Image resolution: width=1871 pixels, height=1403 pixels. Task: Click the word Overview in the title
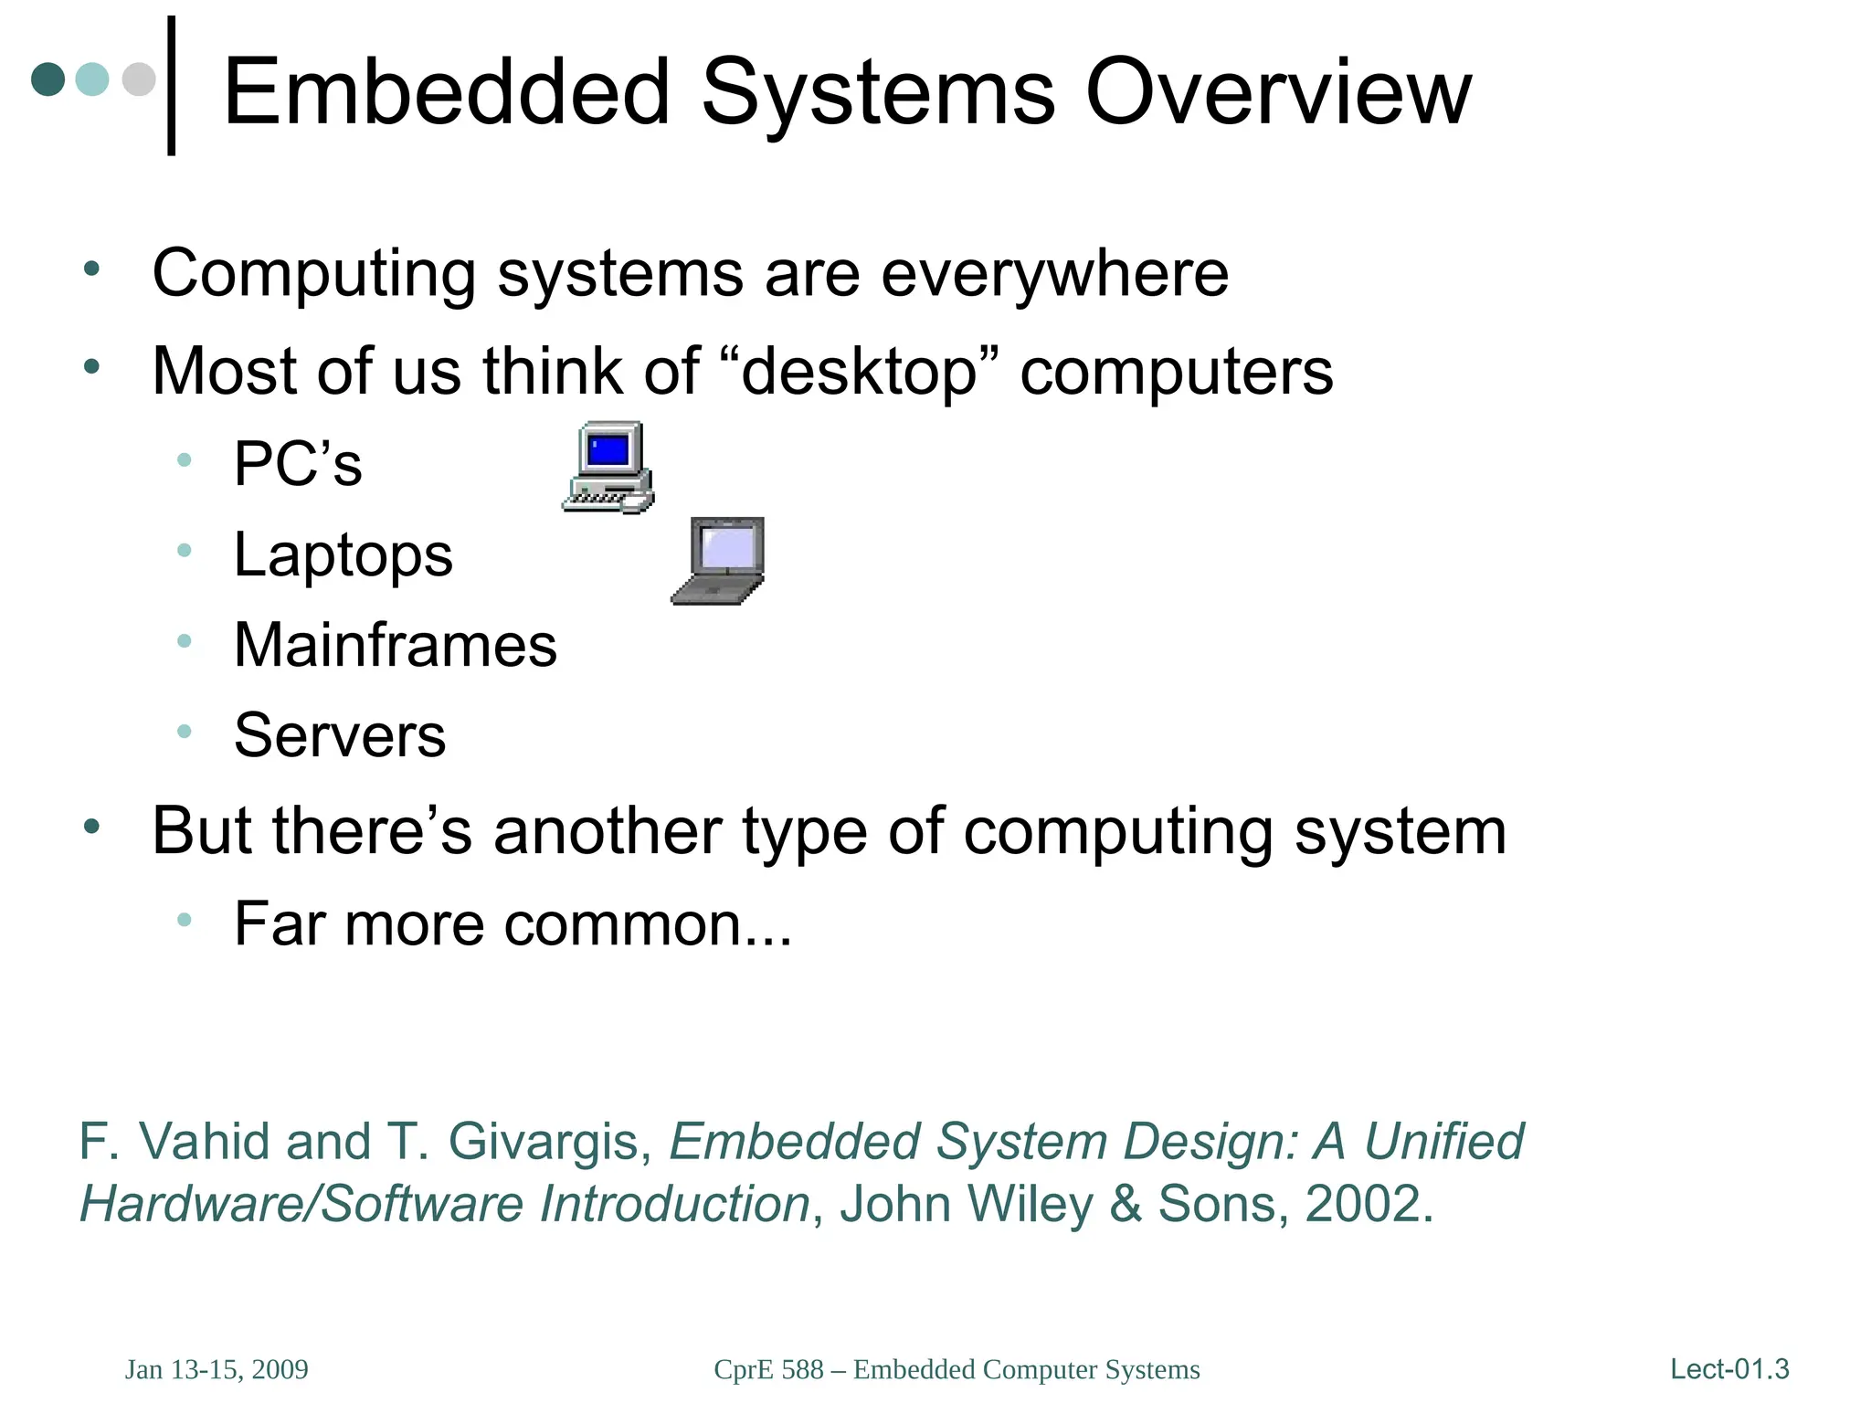coord(1278,92)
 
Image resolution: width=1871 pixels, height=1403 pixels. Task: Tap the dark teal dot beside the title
coord(48,79)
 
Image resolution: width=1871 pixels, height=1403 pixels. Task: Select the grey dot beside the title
coord(139,79)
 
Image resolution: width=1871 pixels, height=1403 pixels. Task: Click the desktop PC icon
coord(608,467)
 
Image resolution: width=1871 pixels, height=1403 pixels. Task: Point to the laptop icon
coord(719,560)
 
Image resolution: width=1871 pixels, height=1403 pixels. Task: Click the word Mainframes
coord(395,646)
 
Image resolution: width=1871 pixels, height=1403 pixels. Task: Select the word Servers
coord(340,735)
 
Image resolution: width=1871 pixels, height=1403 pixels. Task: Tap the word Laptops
coord(343,554)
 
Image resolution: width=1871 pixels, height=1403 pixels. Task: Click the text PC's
coord(298,464)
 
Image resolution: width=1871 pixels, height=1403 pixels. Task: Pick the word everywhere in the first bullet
coord(1054,274)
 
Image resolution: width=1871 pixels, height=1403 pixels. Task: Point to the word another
coord(607,831)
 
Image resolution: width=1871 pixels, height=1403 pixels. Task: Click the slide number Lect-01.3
coord(1728,1369)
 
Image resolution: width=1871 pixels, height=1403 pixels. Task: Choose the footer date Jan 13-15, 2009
coord(217,1370)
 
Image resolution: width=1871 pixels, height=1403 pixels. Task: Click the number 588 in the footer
coord(802,1370)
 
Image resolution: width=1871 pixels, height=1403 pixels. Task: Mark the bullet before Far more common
coord(185,920)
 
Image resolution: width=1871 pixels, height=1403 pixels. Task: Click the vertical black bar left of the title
coord(172,86)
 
